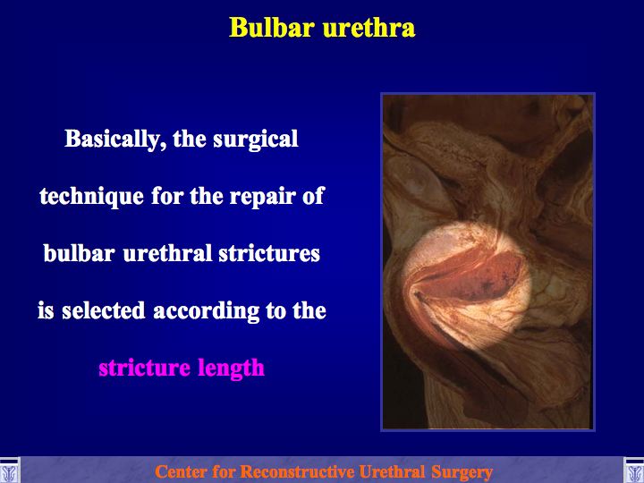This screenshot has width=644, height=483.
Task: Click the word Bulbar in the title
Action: point(272,28)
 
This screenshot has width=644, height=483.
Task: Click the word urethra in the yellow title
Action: point(369,28)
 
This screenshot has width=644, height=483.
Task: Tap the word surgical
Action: point(256,140)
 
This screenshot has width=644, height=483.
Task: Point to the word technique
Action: point(91,196)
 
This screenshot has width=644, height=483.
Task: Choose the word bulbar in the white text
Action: point(79,252)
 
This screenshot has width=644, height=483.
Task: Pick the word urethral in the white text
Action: point(167,252)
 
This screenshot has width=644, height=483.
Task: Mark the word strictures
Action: point(269,252)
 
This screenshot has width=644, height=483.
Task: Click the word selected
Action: point(104,310)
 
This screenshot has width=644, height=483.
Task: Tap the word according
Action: point(207,311)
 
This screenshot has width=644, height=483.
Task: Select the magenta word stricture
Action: point(145,368)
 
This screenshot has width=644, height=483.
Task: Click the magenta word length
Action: point(231,369)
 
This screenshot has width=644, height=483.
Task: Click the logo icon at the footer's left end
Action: point(9,470)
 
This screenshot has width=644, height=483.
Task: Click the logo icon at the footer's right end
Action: point(634,470)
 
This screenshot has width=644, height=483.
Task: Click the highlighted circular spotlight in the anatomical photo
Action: point(466,286)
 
